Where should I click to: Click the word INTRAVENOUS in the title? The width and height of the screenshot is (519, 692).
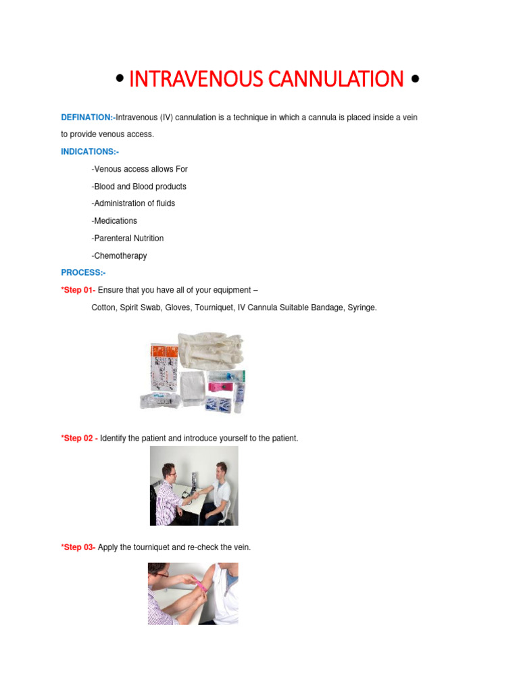point(196,79)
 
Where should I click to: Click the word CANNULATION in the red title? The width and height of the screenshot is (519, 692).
point(336,79)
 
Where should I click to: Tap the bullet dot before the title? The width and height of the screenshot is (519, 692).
point(120,78)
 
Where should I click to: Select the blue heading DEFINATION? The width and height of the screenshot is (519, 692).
point(86,118)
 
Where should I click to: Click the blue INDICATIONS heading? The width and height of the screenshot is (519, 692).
point(89,151)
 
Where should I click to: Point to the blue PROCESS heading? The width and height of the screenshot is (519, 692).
point(82,272)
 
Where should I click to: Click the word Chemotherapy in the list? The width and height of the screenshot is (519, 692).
point(120,255)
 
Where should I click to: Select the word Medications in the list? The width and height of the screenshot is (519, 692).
point(116,221)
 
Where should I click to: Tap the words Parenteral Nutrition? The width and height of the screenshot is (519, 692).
point(129,239)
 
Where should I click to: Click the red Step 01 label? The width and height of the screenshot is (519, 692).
point(78,290)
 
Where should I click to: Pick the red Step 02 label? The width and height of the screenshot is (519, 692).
point(78,438)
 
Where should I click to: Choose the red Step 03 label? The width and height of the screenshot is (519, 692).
point(78,547)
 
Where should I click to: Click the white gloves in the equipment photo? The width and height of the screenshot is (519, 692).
point(211,350)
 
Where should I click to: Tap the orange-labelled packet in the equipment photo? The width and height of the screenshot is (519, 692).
point(164,366)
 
